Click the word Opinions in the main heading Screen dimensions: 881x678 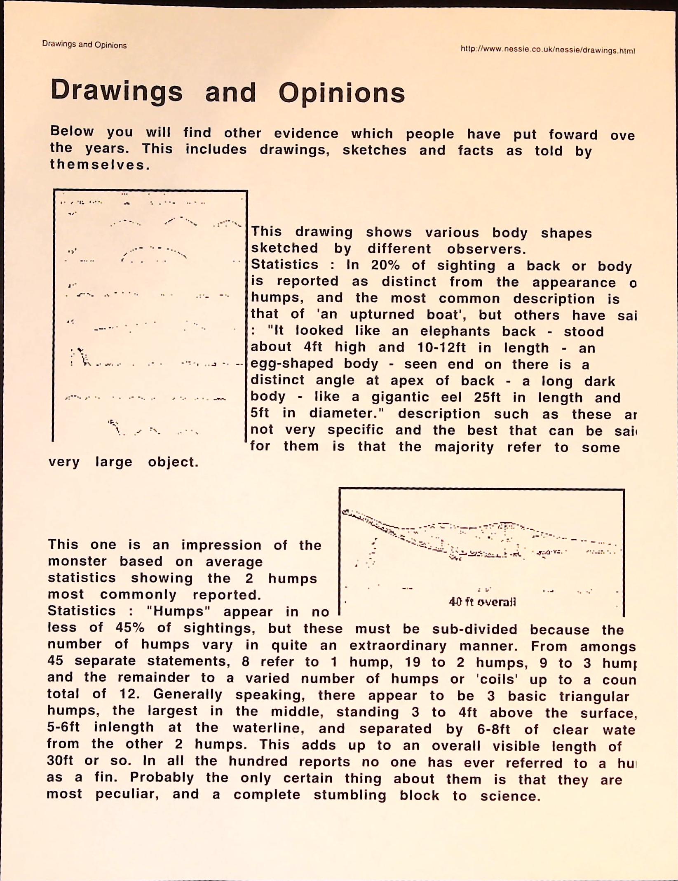tap(342, 93)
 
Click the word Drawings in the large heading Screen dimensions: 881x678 tap(117, 91)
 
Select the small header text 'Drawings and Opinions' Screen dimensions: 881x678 tap(84, 45)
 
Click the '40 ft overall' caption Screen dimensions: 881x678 tap(482, 602)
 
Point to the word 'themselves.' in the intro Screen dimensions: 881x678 tap(100, 165)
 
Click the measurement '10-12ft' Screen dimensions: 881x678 tap(441, 348)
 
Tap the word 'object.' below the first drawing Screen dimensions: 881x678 tap(173, 462)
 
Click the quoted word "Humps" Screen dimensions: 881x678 tap(176, 611)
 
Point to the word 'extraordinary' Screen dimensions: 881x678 tap(398, 645)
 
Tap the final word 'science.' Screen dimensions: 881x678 tap(510, 796)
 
